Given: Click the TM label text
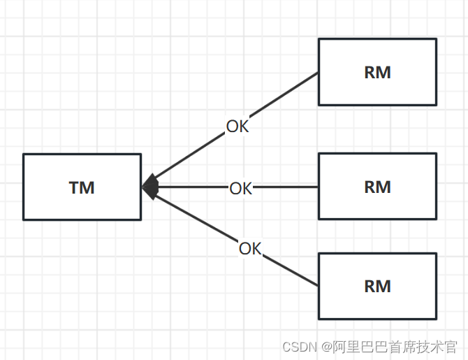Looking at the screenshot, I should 82,187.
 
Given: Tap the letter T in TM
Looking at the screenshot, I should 75,187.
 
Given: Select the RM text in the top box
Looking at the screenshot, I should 377,73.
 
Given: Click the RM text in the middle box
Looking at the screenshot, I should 377,187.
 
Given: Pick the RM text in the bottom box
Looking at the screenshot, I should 377,286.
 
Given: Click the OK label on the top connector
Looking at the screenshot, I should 237,127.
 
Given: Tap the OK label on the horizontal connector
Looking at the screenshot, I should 240,188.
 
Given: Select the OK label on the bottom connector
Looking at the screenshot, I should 249,248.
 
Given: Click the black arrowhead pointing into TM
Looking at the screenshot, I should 150,187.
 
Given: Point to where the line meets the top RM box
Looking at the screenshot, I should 319,73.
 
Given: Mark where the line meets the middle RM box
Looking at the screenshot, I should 319,187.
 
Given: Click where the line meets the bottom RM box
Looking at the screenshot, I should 319,286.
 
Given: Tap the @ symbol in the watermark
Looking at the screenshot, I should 326,346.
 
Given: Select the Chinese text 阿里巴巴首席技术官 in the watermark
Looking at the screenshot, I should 395,346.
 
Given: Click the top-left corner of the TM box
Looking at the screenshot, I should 24,154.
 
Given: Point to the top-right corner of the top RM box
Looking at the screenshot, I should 436,39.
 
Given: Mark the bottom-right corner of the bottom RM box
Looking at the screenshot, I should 436,319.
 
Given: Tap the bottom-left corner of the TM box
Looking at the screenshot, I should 24,219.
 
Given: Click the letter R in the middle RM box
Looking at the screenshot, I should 370,187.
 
